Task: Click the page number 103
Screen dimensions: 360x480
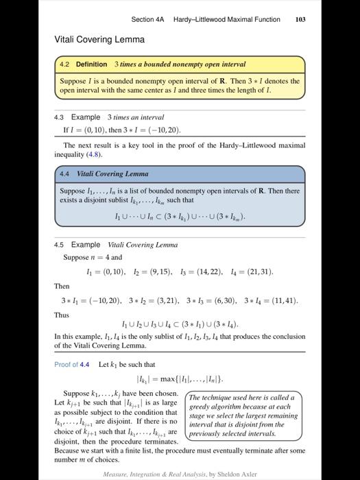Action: point(300,20)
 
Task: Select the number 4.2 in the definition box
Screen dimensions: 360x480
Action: point(64,64)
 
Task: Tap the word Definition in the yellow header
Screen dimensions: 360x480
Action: point(91,64)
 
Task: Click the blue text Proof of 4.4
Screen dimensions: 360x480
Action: point(72,364)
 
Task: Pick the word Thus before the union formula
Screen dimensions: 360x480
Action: point(62,315)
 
